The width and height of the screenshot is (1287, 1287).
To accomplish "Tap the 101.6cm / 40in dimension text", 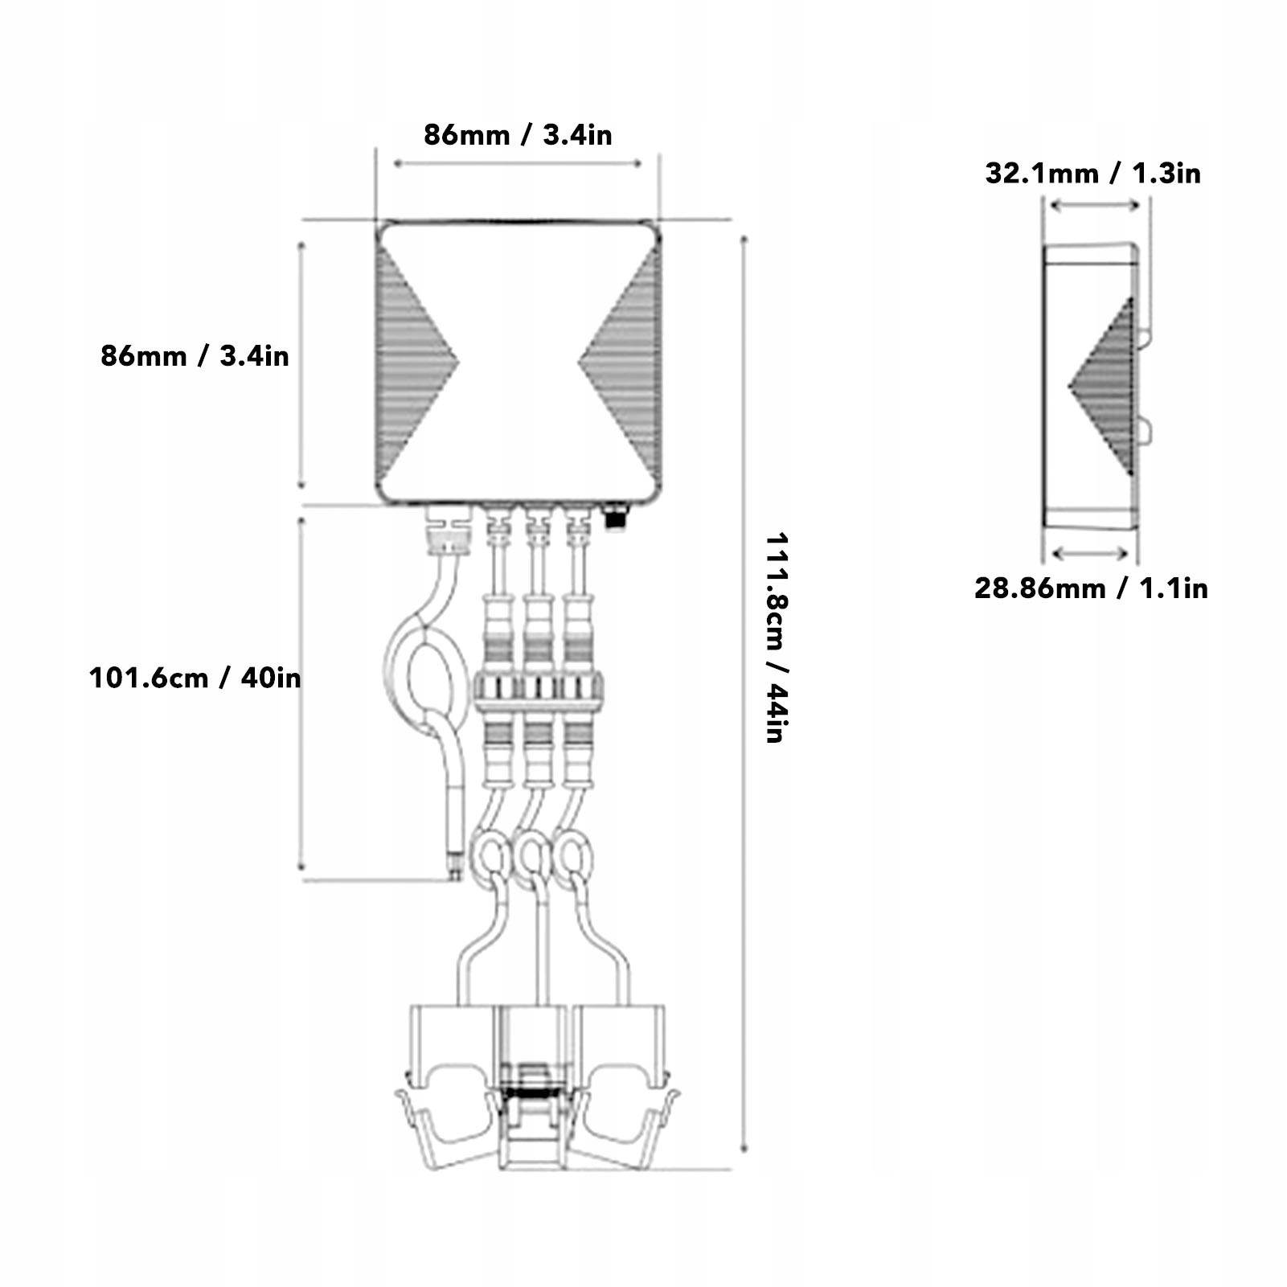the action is pos(195,678).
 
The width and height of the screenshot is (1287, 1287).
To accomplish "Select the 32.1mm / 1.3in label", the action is pos(1092,174).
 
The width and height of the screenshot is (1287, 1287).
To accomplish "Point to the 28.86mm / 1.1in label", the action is pos(1091,588).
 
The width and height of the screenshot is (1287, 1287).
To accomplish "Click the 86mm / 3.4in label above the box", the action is pos(518,135).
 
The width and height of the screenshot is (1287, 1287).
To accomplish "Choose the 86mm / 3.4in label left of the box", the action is pos(195,356).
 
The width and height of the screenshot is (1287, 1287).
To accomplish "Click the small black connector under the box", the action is pos(616,517).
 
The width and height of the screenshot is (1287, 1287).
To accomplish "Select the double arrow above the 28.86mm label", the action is pos(1091,553).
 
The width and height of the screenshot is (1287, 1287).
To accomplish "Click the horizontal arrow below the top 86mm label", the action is pos(518,164).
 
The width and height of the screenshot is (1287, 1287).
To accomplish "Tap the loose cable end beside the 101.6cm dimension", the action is pos(455,868).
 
